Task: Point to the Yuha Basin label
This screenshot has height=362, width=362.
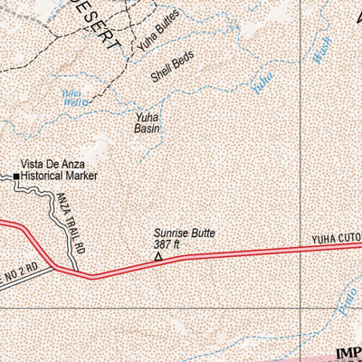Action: (148, 123)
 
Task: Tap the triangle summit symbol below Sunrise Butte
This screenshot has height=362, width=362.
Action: (158, 257)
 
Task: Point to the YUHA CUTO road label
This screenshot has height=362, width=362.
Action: (336, 240)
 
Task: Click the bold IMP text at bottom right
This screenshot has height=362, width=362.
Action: (347, 353)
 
